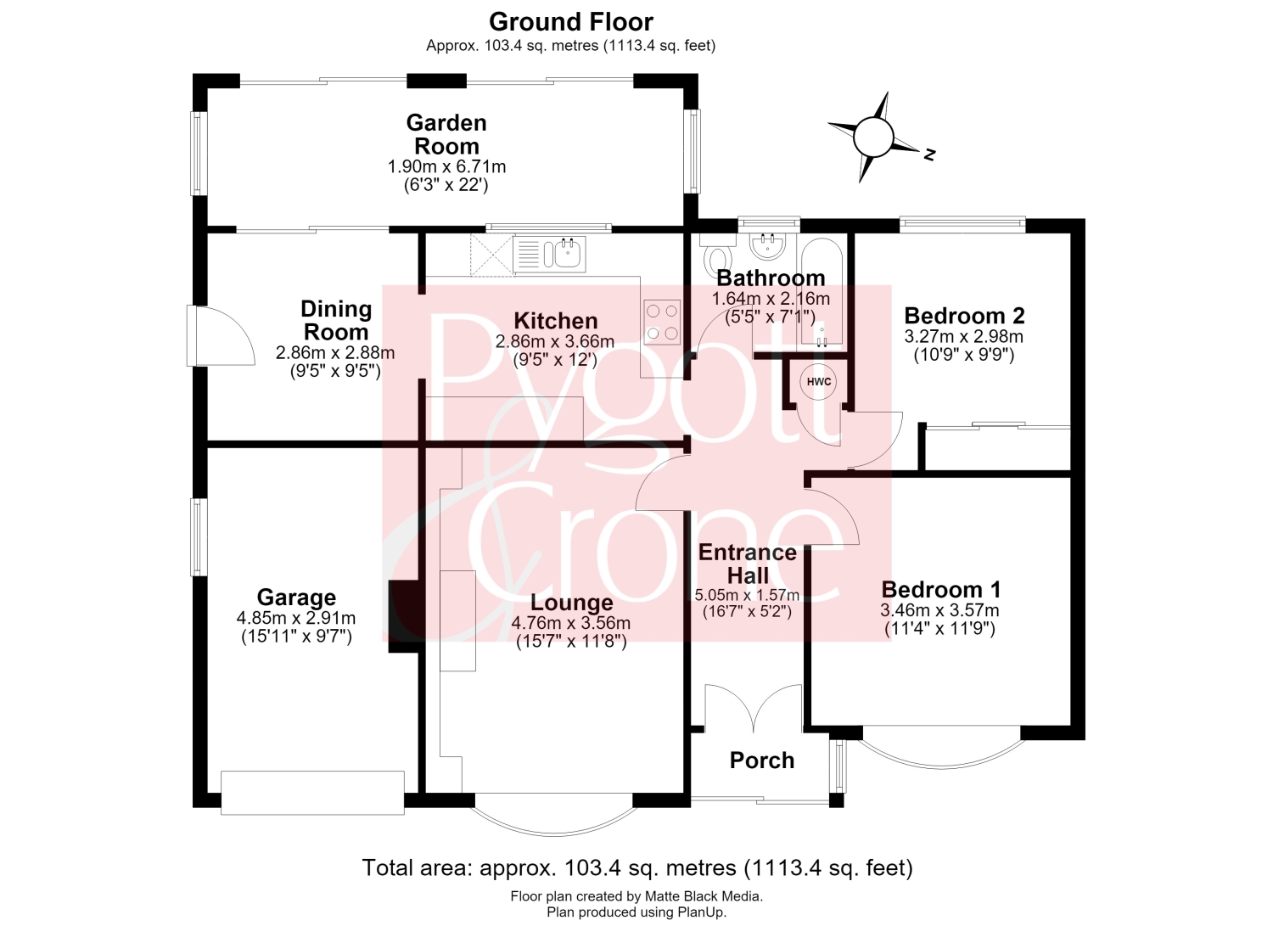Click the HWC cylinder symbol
click(818, 381)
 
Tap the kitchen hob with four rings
click(662, 322)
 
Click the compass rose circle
click(873, 137)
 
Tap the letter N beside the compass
click(930, 154)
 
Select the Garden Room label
click(446, 134)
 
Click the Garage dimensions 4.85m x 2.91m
click(296, 618)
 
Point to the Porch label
click(762, 760)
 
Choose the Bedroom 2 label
click(964, 315)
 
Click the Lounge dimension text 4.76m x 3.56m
click(571, 623)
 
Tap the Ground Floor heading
click(571, 22)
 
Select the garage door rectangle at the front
click(312, 793)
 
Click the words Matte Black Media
click(703, 896)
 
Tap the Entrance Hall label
click(748, 564)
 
